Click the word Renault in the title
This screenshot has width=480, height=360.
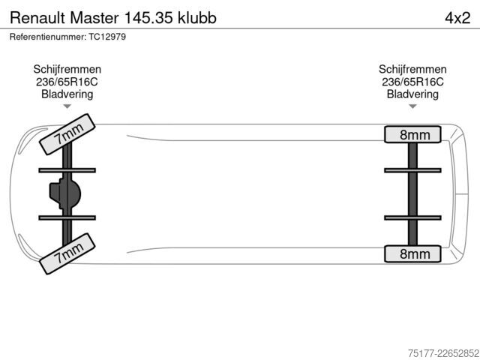(x=37, y=18)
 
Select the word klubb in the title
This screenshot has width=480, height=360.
(x=197, y=18)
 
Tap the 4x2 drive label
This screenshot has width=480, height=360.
(x=457, y=18)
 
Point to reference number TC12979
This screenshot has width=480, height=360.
(x=107, y=37)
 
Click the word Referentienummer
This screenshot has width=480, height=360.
(x=48, y=37)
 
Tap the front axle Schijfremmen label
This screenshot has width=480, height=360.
(x=67, y=70)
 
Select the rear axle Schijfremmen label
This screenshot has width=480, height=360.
(x=412, y=70)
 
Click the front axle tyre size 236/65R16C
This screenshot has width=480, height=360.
(x=67, y=82)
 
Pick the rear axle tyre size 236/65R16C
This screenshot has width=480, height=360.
(x=412, y=82)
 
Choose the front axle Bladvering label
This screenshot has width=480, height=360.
(x=67, y=94)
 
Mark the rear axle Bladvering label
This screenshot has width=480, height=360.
(x=412, y=94)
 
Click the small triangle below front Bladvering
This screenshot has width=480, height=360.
(x=67, y=106)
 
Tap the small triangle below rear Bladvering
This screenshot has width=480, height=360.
(x=412, y=106)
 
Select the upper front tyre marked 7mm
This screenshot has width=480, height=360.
(x=67, y=134)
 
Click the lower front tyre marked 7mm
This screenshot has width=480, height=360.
(x=67, y=253)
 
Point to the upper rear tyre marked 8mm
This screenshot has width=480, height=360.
(x=412, y=134)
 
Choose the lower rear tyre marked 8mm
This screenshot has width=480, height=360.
(x=412, y=253)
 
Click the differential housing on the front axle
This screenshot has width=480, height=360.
(x=65, y=193)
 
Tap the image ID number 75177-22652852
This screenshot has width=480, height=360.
(x=443, y=353)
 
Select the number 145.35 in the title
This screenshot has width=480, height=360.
(x=148, y=18)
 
